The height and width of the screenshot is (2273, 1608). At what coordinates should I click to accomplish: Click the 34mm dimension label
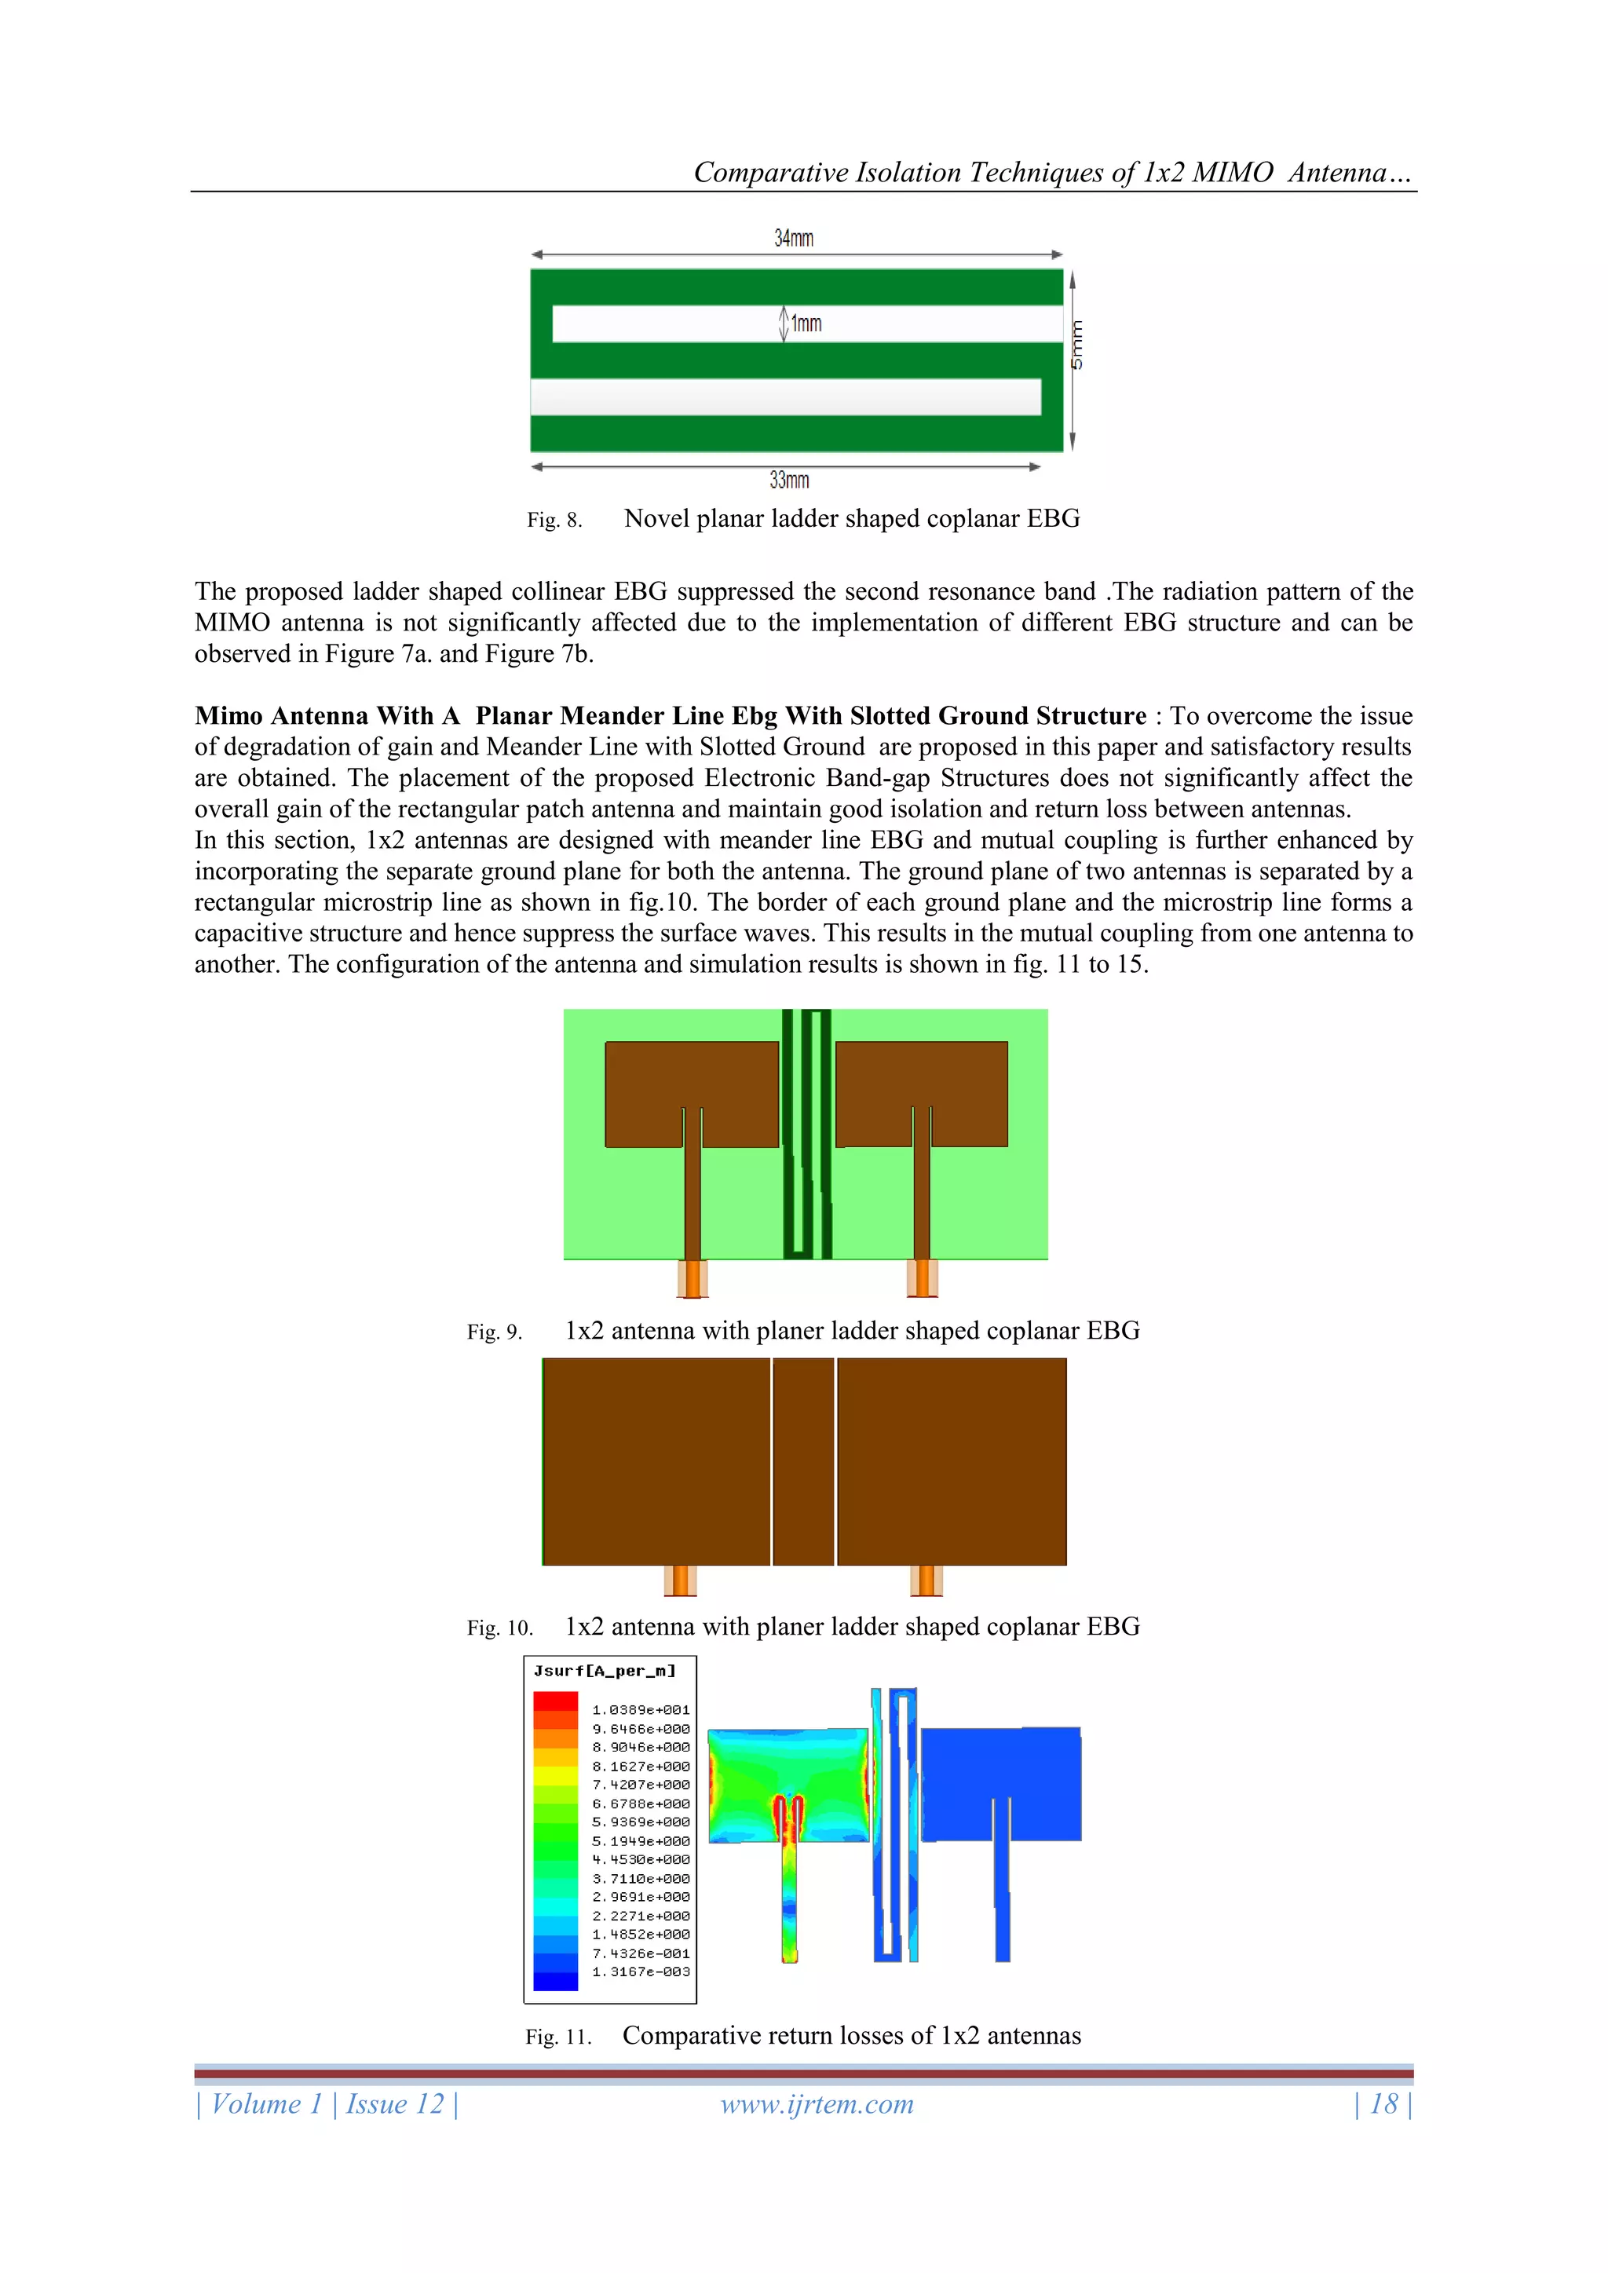point(793,239)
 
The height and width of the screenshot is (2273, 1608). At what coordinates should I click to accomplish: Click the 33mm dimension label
point(789,481)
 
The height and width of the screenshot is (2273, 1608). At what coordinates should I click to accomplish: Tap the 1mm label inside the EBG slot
point(806,323)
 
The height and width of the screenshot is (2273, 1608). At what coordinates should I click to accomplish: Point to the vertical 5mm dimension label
point(1077,345)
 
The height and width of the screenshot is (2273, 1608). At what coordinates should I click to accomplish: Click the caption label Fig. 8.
point(554,520)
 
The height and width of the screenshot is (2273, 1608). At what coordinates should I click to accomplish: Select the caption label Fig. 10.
point(499,1628)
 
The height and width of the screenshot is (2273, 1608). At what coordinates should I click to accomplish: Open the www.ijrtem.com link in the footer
point(817,2105)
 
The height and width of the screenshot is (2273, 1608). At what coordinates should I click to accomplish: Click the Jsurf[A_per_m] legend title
point(604,1671)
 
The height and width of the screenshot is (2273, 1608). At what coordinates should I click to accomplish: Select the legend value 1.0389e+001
point(641,1710)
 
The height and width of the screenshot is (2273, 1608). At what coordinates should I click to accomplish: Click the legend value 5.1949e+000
point(641,1841)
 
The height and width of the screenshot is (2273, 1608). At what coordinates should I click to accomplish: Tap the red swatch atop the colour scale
point(554,1701)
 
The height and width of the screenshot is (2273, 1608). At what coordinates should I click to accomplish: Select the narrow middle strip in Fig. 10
point(803,1461)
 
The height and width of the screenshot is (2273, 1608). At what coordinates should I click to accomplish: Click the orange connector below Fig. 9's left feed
point(692,1278)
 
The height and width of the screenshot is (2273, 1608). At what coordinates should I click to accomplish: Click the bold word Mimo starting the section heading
point(228,716)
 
